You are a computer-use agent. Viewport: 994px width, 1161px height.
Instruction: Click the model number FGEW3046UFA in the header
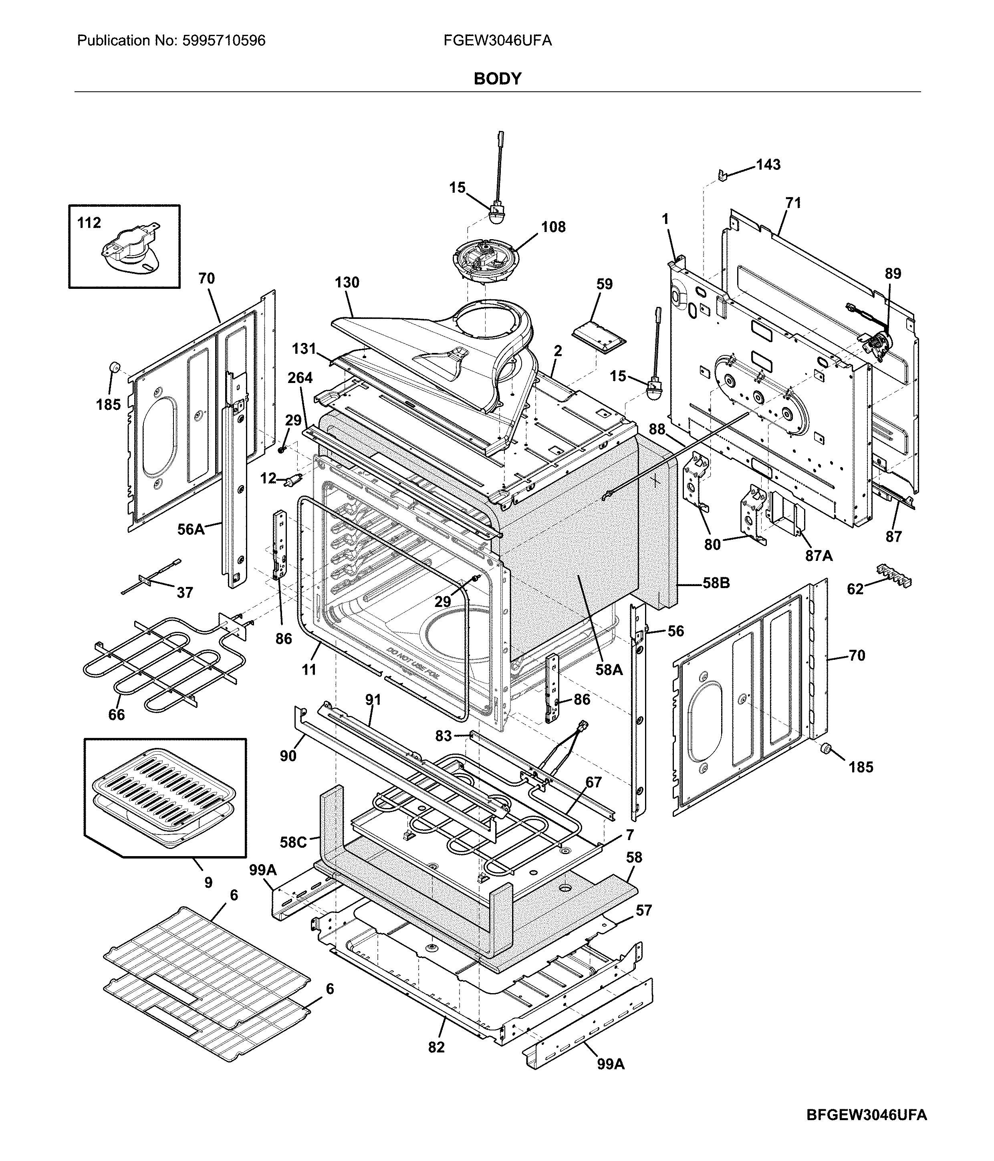click(497, 41)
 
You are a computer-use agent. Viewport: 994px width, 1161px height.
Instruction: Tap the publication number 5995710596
click(224, 41)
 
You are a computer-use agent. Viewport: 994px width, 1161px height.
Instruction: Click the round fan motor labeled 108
click(485, 263)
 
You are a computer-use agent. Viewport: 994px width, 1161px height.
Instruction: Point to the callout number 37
click(185, 593)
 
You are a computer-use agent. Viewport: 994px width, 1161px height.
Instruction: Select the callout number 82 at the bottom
click(436, 1047)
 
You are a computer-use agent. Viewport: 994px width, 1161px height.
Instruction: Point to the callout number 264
click(300, 378)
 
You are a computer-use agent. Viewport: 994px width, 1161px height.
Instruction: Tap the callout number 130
click(347, 282)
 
